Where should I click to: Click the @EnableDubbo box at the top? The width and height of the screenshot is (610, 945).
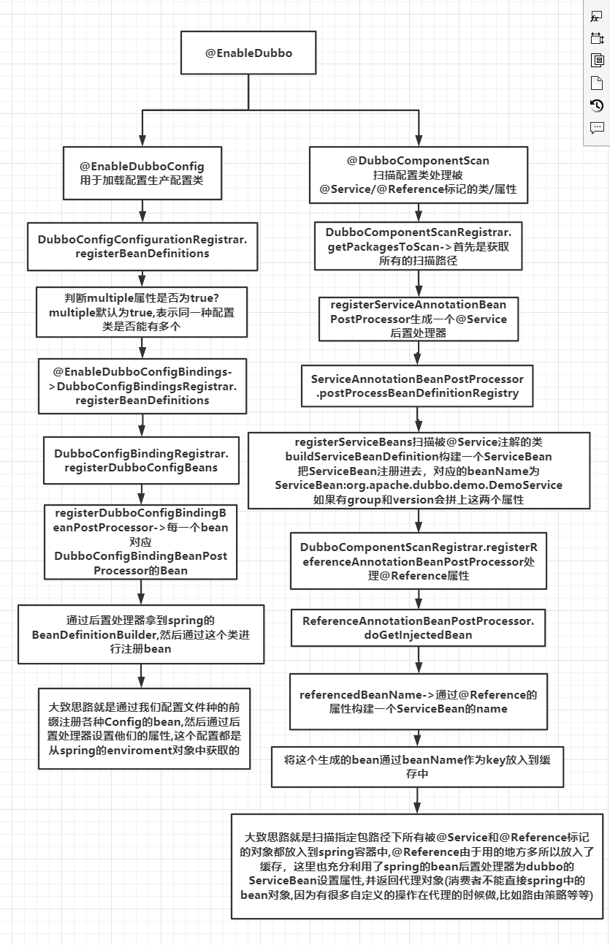click(x=249, y=53)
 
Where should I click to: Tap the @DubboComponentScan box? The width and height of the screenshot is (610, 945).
click(x=418, y=175)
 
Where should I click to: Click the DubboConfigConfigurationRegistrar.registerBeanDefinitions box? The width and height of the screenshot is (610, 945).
click(x=142, y=246)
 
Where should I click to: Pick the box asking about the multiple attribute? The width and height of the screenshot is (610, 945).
click(x=142, y=312)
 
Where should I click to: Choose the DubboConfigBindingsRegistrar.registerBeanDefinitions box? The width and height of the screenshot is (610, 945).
click(x=142, y=386)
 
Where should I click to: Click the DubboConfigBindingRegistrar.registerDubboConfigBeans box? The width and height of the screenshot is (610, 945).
click(x=142, y=460)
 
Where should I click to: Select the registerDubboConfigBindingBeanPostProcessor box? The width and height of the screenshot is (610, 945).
click(x=141, y=540)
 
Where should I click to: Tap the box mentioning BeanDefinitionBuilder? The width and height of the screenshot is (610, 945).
click(x=141, y=634)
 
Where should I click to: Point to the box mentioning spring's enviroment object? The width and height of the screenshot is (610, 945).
click(x=145, y=729)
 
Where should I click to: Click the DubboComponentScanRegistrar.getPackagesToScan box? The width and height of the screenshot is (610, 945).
click(x=418, y=246)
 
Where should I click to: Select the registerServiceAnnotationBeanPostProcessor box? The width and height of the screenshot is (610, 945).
click(x=418, y=319)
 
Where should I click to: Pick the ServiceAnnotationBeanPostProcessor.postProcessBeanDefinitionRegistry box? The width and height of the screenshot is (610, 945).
click(x=418, y=387)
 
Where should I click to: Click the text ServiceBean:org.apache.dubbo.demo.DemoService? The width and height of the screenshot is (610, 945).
click(x=419, y=485)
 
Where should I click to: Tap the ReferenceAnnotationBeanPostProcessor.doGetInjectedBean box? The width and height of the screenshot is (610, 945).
click(x=418, y=628)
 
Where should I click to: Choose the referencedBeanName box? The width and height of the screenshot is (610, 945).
click(x=418, y=702)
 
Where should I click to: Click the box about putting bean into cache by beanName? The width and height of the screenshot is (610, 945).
click(x=418, y=767)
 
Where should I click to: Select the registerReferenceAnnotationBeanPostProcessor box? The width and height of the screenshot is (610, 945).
click(x=418, y=561)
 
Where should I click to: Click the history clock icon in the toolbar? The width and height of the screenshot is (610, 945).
click(x=597, y=105)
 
